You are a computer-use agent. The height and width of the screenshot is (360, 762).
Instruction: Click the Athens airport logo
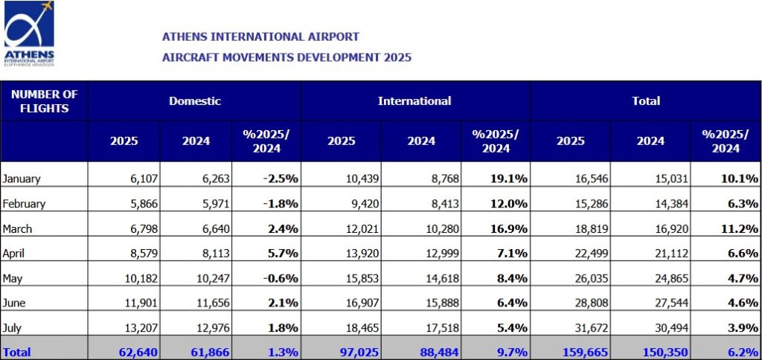pyautogui.click(x=30, y=33)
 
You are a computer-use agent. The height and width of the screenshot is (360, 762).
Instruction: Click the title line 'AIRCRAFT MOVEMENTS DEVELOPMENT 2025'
pyautogui.click(x=286, y=57)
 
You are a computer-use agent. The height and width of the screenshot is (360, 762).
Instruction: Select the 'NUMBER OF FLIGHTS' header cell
pyautogui.click(x=45, y=101)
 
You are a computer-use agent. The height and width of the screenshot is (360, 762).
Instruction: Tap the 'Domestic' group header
pyautogui.click(x=194, y=101)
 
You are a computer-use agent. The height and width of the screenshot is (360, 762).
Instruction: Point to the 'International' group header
pyautogui.click(x=414, y=101)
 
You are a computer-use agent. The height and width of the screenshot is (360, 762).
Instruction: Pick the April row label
pyautogui.click(x=15, y=254)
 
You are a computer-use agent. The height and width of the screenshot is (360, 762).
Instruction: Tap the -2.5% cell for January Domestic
pyautogui.click(x=282, y=179)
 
